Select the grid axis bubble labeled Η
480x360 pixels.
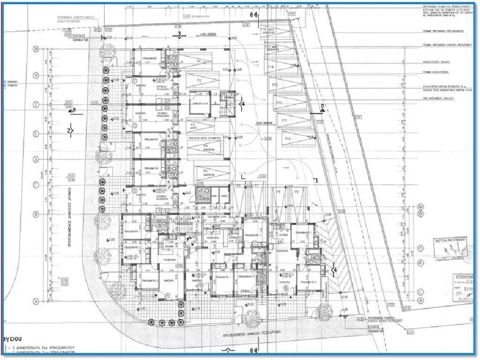pos(36,75)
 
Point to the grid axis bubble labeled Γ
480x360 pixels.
pos(36,186)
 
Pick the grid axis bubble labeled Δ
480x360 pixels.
pos(36,159)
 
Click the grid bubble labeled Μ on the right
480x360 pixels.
pos(420,207)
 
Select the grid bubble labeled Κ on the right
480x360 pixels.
pos(420,264)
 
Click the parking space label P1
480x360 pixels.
pos(199,61)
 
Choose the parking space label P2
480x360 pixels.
pos(199,81)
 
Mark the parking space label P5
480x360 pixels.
pos(205,172)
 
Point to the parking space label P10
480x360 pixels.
pos(288,139)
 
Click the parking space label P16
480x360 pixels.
pos(263,29)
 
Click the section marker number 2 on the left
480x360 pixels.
pos(70,130)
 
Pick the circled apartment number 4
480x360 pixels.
pos(167,295)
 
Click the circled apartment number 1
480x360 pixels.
pos(135,81)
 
